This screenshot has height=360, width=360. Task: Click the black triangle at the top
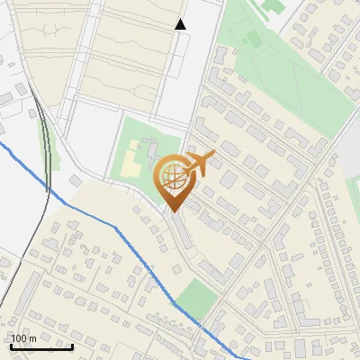pos(181,24)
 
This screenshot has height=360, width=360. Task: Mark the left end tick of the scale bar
pos(10,346)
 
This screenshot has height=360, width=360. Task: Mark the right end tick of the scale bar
pos(72,346)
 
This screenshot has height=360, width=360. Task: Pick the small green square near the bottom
pos(194,295)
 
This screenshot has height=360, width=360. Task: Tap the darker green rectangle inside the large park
pos(253,39)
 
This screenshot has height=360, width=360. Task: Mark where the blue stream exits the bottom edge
pos(236,358)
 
